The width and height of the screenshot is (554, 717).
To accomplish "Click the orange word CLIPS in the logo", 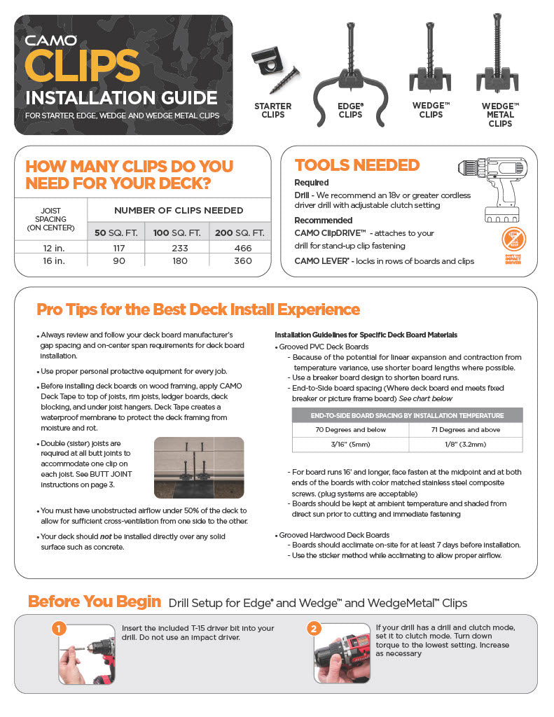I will [82, 66].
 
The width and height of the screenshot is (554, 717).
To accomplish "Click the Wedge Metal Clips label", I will [500, 115].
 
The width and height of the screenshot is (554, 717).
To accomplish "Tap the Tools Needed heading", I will [356, 165].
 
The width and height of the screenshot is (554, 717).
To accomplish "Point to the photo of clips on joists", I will [198, 467].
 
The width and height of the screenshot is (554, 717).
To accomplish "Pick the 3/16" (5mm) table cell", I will [350, 445].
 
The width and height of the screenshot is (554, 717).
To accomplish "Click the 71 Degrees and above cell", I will [464, 429].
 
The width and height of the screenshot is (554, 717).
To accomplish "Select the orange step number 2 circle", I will [314, 629].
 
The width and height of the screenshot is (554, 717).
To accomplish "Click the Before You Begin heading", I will [94, 601].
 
